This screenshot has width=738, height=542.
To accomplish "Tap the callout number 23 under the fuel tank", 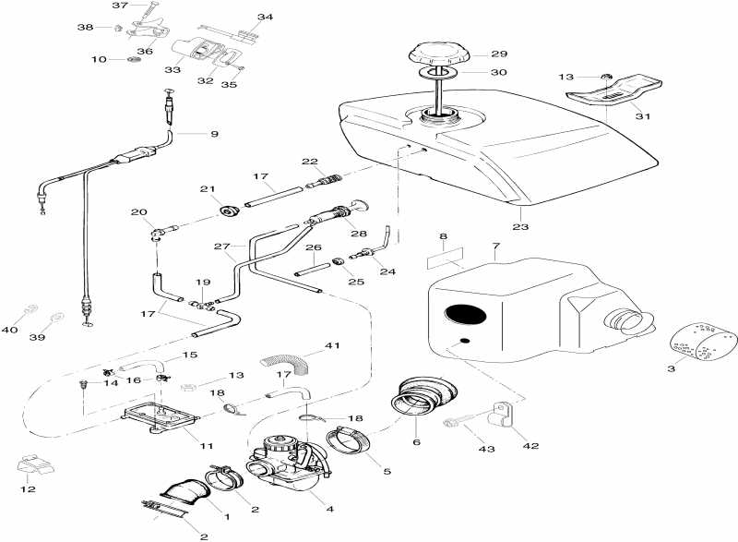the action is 520,226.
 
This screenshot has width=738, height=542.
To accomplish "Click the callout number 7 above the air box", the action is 496,246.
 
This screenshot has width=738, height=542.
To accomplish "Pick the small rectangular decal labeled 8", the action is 445,258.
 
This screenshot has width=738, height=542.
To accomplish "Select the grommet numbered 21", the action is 230,211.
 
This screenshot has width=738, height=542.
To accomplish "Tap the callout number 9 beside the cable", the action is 215,134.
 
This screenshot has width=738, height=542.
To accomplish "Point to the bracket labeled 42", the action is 502,415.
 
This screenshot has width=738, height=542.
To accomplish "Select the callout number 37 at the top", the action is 120,6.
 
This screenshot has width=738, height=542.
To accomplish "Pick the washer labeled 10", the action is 135,60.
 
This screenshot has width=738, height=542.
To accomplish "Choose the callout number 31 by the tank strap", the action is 643,115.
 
